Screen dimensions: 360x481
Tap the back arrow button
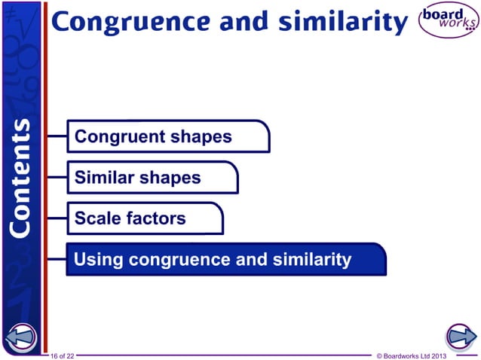click(x=21, y=337)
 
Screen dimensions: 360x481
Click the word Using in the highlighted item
click(x=99, y=260)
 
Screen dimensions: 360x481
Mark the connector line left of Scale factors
click(x=57, y=218)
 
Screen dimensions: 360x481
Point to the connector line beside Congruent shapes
click(x=57, y=137)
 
